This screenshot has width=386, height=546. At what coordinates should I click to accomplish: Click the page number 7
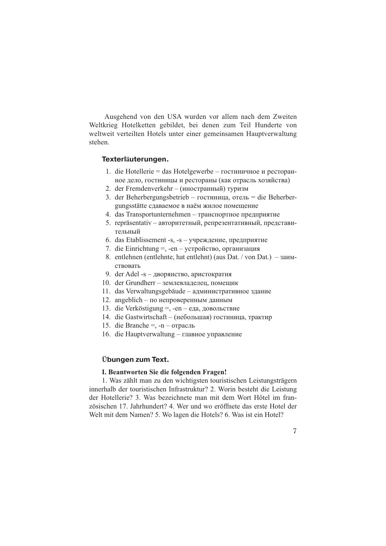tap(294, 431)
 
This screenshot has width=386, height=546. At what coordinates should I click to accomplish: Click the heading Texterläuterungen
tap(135, 159)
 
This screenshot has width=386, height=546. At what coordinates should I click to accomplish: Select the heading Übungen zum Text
tap(135, 360)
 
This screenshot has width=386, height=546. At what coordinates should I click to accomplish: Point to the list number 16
tap(106, 334)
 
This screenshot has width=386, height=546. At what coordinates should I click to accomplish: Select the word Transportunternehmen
tap(158, 214)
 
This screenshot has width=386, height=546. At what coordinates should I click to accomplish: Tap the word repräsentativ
tap(133, 223)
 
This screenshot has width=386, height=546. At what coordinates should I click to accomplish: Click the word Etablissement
tap(146, 240)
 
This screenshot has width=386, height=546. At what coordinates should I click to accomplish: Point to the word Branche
tap(137, 325)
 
